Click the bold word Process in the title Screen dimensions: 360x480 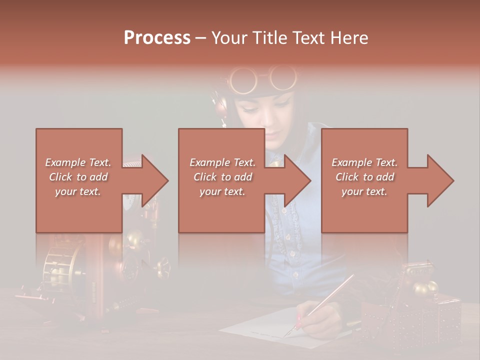(157, 37)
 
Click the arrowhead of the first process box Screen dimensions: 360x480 (155, 180)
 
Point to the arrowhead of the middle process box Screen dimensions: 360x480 (297, 180)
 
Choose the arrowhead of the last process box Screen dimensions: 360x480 (440, 180)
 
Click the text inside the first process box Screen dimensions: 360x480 (78, 177)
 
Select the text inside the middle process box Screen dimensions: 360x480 (222, 177)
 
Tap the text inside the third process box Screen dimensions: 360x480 (364, 177)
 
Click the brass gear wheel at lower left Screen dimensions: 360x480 (60, 265)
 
